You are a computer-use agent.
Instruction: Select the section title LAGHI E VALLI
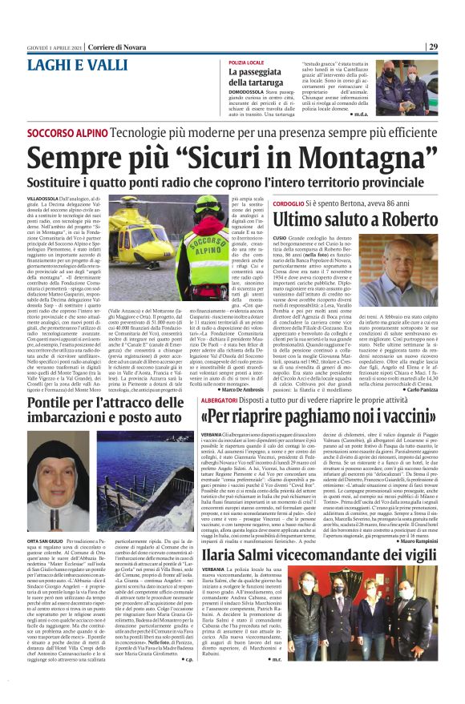tap(70, 63)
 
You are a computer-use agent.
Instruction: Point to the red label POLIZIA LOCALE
tap(247, 62)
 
